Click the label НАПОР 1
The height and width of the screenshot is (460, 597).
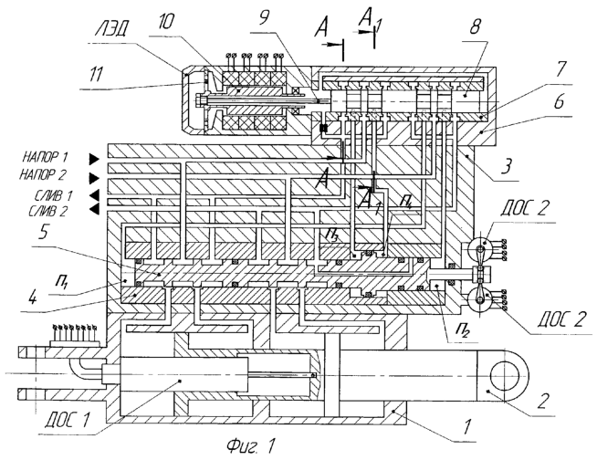(46, 156)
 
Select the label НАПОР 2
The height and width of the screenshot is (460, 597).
(43, 175)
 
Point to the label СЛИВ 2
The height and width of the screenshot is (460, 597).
(48, 211)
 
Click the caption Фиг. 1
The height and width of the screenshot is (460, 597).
(250, 445)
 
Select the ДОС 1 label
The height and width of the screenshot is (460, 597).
(67, 420)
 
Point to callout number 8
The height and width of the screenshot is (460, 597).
(474, 27)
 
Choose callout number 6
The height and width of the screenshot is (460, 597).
(558, 102)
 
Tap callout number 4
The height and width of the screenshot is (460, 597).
(33, 297)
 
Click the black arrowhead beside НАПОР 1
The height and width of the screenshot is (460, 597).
(94, 160)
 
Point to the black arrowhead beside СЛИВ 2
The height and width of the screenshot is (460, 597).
(94, 208)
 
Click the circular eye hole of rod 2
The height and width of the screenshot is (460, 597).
(504, 376)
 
